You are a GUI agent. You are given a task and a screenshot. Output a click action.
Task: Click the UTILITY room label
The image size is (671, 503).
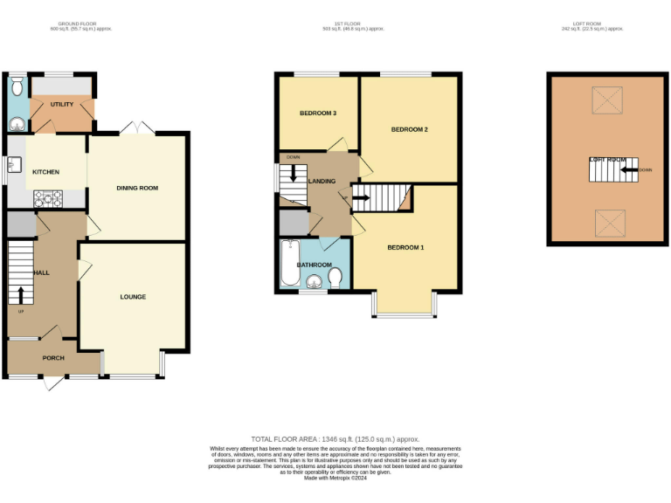point(62,104)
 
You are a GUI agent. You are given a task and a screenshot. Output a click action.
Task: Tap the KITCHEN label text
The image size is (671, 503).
point(46,172)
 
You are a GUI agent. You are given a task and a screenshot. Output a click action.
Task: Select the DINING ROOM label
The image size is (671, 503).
point(137,188)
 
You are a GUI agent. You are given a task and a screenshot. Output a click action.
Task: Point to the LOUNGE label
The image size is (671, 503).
point(133,297)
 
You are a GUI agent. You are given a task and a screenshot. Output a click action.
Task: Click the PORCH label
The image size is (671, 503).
point(53,358)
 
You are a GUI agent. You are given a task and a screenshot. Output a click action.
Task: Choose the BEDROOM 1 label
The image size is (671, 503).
point(405,248)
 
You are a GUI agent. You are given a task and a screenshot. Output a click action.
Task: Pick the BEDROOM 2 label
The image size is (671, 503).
point(409,129)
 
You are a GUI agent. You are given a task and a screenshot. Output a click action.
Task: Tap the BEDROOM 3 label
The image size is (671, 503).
point(318,114)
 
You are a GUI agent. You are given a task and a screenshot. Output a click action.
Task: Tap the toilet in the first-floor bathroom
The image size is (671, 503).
point(335,278)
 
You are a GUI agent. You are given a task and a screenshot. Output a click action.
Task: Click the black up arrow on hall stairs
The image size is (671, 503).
point(21,294)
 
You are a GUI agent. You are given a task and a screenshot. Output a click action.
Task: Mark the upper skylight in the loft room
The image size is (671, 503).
point(607,100)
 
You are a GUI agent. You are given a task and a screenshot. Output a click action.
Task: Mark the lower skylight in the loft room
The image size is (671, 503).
point(607,224)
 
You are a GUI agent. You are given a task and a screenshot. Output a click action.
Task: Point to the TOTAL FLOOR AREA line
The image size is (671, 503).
point(335,438)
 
